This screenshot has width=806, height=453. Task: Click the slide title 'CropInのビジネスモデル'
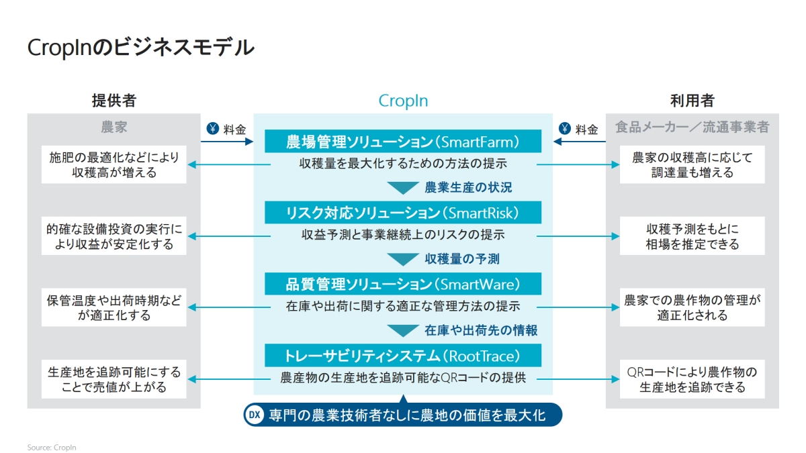[x=140, y=48]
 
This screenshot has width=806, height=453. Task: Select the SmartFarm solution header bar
[x=403, y=142]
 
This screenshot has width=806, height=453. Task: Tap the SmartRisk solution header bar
[x=403, y=213]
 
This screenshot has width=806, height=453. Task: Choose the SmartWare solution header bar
[x=403, y=284]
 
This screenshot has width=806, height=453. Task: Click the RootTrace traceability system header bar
[x=403, y=355]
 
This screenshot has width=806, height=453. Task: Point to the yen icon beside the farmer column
[x=212, y=129]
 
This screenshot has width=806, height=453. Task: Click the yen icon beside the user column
[x=565, y=129]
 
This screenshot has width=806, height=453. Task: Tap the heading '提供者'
[x=114, y=101]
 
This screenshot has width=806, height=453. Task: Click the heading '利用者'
[x=692, y=101]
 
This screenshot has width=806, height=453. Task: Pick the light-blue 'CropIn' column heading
[x=403, y=101]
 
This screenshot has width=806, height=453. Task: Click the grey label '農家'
[x=114, y=126]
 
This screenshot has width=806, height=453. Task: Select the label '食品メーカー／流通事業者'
[x=692, y=126]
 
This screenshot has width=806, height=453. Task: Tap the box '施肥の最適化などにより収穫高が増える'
[x=114, y=165]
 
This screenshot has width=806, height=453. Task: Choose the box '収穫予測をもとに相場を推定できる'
[x=692, y=236]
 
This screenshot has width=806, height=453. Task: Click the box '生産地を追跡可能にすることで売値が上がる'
[x=114, y=379]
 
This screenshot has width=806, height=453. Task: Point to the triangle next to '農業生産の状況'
[x=403, y=188]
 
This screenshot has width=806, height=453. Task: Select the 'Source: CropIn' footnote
[x=52, y=447]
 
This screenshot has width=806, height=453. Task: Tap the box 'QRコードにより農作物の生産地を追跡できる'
[x=692, y=379]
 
